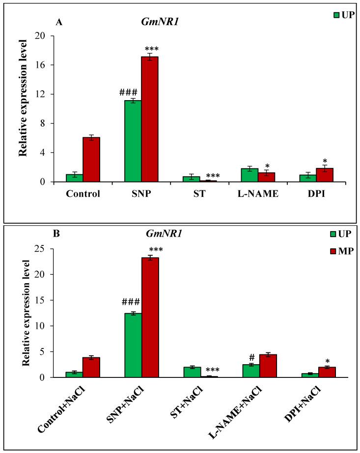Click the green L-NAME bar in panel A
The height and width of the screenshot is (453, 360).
click(253, 175)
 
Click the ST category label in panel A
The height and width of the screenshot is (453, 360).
click(200, 193)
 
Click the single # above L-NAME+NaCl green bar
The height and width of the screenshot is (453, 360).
click(251, 358)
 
